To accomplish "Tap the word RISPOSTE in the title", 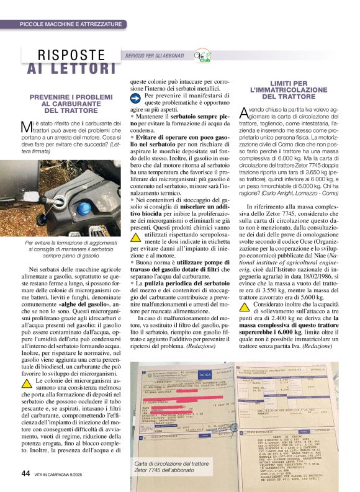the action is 72,55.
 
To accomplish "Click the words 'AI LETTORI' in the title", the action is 68,68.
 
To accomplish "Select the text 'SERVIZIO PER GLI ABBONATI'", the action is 154,56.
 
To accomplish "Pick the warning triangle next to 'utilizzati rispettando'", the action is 136,238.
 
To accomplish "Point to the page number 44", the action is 25,473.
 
